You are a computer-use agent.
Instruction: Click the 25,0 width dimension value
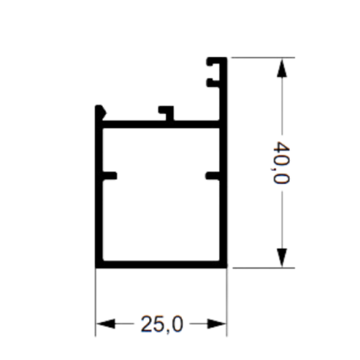[162, 324]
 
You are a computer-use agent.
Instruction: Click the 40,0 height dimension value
[281, 162]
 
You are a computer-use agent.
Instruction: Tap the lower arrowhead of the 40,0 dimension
[282, 258]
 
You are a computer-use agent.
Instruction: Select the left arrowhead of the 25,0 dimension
[105, 324]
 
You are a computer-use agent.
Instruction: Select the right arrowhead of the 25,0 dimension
[217, 324]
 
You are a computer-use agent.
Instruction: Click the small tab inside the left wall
[110, 176]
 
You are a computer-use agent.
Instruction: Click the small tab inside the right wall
[213, 176]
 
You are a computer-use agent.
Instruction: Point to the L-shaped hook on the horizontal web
[167, 113]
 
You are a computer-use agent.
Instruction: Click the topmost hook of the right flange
[213, 62]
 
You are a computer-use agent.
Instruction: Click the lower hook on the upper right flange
[213, 83]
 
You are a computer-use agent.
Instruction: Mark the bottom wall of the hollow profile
[161, 265]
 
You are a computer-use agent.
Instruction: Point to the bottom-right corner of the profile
[227, 268]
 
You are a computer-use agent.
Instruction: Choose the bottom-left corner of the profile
[95, 268]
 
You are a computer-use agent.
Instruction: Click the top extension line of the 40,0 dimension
[263, 58]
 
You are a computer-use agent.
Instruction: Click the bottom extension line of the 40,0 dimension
[264, 268]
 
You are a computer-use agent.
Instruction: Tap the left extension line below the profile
[95, 302]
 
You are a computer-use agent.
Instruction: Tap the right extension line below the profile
[227, 302]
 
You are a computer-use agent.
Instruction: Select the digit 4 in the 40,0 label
[281, 147]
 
